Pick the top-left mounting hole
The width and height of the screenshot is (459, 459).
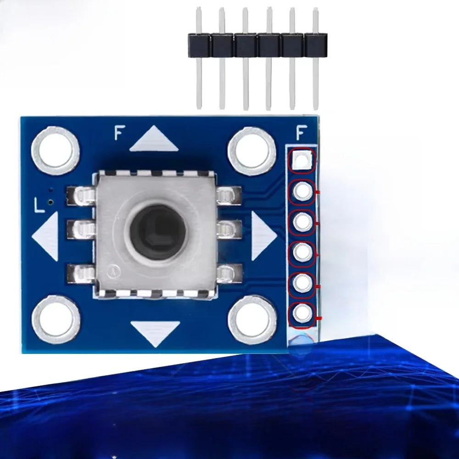pos(55,147)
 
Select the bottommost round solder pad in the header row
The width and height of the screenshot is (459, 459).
pos(302,314)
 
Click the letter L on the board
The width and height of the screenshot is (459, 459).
pos(40,205)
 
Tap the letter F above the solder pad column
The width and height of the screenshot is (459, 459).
pos(302,133)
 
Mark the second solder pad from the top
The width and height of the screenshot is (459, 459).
pos(302,191)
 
